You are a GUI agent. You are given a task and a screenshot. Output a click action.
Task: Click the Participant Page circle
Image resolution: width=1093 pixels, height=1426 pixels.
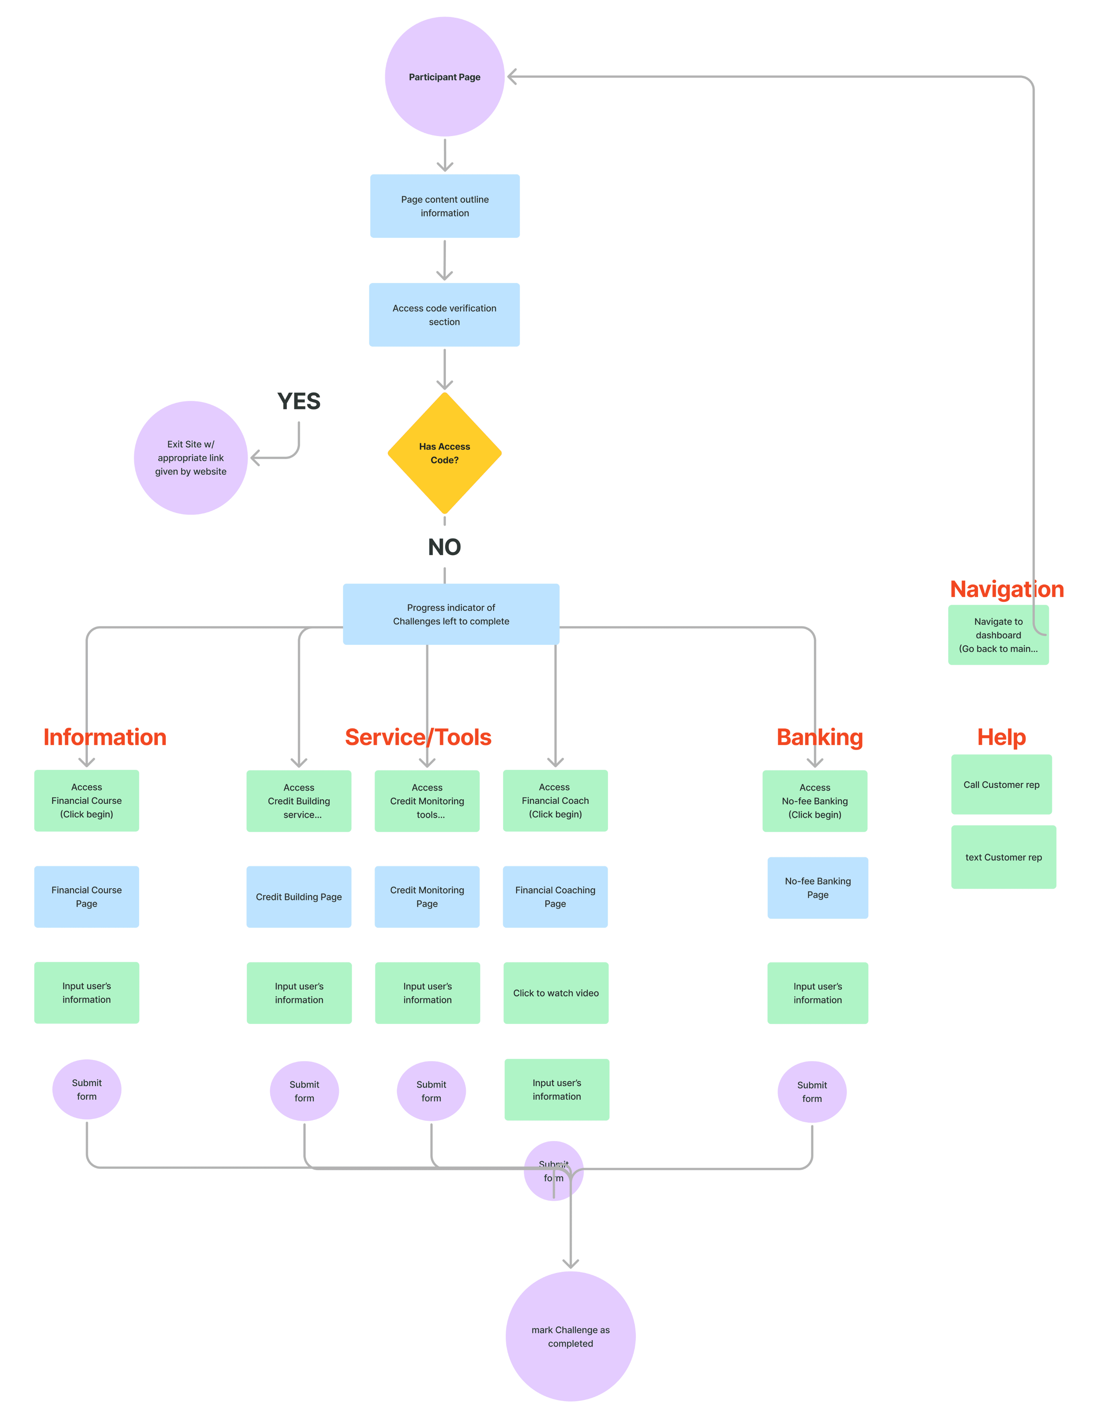444,77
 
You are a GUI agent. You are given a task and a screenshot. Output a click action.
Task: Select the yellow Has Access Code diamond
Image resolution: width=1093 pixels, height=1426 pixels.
444,453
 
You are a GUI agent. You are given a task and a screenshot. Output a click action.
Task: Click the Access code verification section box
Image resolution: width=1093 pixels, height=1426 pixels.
444,315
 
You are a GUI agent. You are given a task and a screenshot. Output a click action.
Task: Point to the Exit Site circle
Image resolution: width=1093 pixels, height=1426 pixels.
191,458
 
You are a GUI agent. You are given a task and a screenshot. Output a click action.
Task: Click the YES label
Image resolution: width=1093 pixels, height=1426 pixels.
299,401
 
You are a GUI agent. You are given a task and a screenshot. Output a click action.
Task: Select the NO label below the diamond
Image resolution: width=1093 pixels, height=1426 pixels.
444,547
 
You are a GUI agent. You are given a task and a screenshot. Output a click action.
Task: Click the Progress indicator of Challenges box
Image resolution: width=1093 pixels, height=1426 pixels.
451,614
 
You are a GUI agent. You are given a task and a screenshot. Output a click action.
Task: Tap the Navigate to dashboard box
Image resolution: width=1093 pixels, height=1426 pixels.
998,635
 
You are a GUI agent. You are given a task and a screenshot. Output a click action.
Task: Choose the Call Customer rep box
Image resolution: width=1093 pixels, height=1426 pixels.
1001,785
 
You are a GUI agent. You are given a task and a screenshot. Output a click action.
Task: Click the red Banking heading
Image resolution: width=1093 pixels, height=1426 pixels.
820,737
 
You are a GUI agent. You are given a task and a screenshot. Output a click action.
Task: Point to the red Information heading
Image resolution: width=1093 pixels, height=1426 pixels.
105,737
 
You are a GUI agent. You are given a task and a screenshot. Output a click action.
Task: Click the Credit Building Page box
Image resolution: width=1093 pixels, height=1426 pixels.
299,896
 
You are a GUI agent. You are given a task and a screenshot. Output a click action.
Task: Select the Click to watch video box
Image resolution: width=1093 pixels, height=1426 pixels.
556,993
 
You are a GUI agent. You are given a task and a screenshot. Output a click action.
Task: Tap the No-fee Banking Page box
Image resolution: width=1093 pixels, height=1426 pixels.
818,888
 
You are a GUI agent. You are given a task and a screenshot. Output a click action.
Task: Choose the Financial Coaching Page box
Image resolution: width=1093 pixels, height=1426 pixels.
555,896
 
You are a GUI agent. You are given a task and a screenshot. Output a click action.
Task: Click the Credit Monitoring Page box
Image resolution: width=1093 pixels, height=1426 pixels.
427,896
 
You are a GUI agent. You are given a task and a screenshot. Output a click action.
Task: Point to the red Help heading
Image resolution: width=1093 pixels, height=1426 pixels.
1001,737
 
